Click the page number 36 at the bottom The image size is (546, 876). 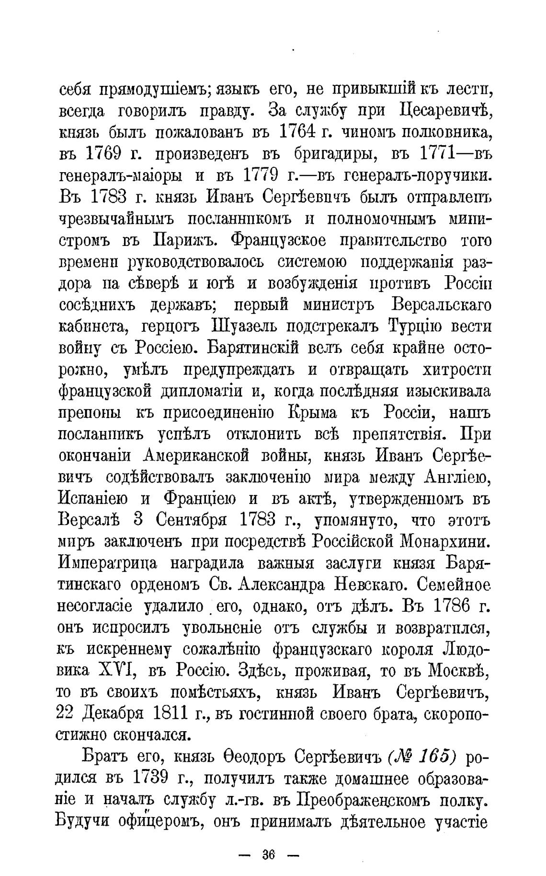268,854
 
